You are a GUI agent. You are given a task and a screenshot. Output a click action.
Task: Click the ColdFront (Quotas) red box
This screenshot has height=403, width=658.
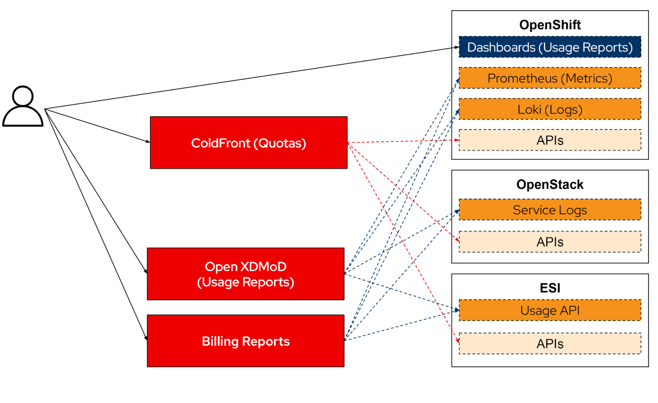click(x=249, y=142)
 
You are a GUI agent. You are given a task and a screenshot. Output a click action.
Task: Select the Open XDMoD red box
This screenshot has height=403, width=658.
click(x=246, y=274)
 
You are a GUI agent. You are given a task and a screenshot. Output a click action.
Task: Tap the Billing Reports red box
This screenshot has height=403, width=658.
click(x=246, y=341)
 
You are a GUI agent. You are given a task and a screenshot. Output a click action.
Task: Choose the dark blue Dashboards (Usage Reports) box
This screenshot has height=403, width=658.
click(x=550, y=47)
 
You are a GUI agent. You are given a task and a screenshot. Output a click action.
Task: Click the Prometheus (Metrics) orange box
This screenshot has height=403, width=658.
click(x=550, y=78)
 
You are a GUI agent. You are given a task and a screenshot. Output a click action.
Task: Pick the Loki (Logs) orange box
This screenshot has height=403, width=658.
click(x=550, y=109)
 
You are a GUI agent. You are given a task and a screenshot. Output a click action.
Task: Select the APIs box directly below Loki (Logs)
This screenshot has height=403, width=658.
click(x=550, y=140)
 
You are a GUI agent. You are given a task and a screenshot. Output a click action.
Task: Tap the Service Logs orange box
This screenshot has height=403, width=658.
click(x=550, y=210)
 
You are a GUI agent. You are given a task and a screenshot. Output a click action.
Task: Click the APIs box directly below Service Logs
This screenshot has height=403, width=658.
click(x=550, y=242)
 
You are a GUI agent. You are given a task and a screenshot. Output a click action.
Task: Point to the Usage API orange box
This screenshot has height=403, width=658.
click(x=550, y=311)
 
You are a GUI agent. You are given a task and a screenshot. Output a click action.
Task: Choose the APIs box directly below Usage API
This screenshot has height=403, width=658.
click(x=550, y=344)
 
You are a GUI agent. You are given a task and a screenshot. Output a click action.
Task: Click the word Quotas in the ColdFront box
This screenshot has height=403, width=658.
click(x=279, y=143)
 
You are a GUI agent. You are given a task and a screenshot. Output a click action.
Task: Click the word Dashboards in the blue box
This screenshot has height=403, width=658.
click(x=501, y=47)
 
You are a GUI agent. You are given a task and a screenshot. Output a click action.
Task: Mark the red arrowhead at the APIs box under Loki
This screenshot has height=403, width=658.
click(x=457, y=140)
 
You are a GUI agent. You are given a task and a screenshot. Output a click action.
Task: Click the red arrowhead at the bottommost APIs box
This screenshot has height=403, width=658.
click(x=457, y=342)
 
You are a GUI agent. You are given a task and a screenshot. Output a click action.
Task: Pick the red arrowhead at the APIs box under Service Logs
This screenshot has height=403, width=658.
click(x=457, y=241)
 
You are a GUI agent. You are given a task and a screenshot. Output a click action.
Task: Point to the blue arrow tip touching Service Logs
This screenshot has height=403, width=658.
click(x=457, y=211)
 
